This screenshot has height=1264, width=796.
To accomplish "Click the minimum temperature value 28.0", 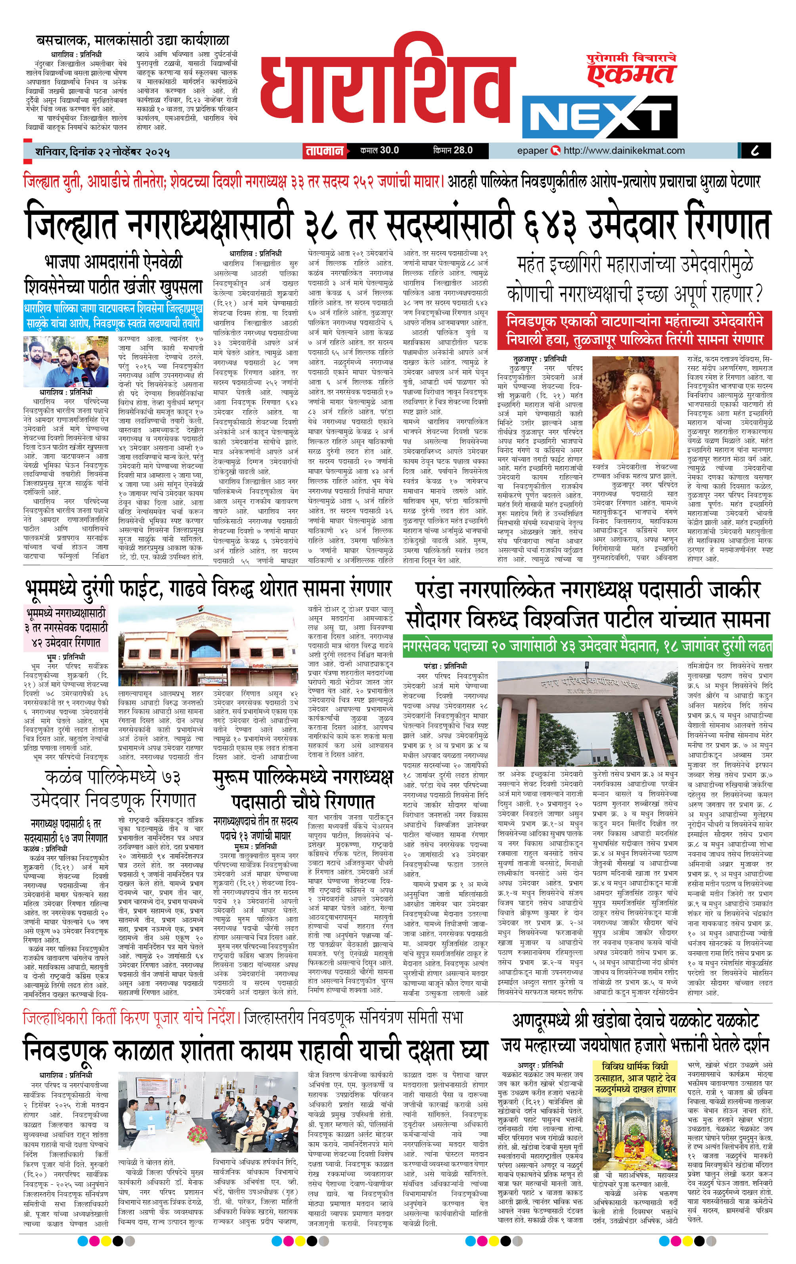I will point(463,151).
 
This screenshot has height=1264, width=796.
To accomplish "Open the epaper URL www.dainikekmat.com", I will point(624,151).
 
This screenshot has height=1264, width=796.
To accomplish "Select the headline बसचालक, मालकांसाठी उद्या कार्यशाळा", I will point(132,41).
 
